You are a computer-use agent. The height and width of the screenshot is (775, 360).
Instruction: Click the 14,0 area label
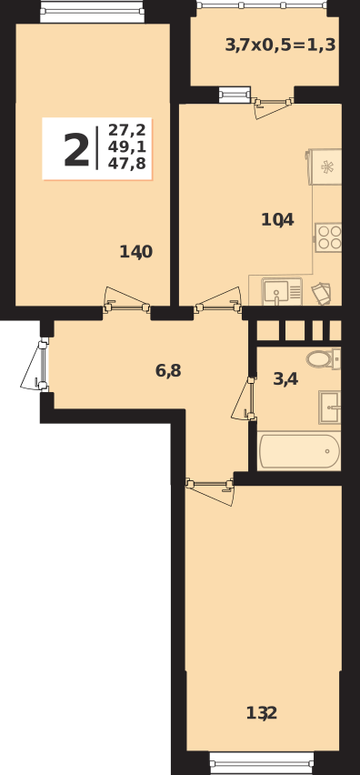(135, 252)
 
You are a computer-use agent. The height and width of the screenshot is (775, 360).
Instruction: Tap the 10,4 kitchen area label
(277, 219)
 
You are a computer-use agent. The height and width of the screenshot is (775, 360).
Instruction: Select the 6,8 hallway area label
(168, 370)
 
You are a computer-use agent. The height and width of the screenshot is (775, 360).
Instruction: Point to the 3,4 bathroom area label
(285, 378)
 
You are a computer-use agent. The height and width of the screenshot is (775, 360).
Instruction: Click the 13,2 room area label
(262, 713)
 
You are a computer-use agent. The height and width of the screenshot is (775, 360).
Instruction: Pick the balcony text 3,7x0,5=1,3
(280, 45)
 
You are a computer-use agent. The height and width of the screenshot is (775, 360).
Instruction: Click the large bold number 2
(76, 150)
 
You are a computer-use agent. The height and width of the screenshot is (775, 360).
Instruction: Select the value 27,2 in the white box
(126, 130)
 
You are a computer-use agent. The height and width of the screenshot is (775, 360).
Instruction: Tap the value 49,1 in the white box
(126, 147)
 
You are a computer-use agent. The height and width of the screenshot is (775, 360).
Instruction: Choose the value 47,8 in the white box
(126, 165)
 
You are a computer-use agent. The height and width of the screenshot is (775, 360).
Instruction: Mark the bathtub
(299, 451)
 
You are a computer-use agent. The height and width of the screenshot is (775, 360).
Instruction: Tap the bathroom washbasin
(330, 407)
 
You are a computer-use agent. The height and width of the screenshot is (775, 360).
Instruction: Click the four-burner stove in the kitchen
(328, 237)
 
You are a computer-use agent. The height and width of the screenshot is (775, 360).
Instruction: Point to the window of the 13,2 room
(262, 762)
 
